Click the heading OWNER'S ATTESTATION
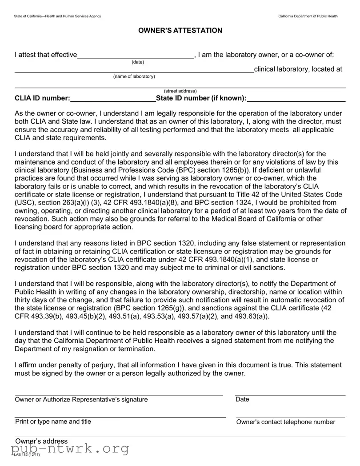tap(180, 31)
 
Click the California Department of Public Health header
tap(308, 16)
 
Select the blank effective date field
tap(136, 55)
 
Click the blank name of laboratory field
tap(133, 69)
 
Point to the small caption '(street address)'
tap(180, 91)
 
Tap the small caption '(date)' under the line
tap(138, 62)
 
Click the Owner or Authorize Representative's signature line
tap(119, 393)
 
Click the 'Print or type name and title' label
tap(53, 422)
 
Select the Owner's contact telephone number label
tap(286, 422)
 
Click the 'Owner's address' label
tap(41, 441)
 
